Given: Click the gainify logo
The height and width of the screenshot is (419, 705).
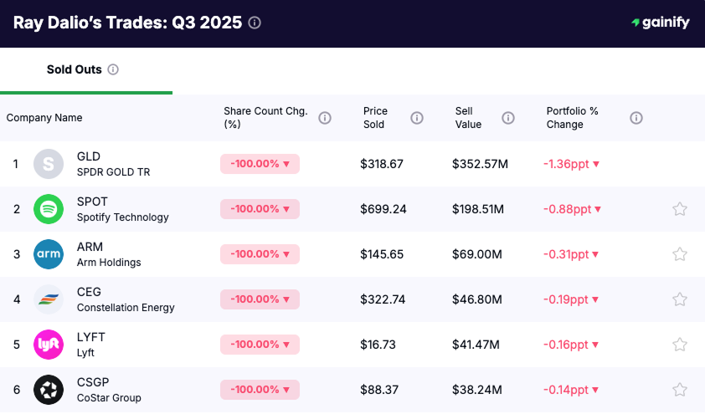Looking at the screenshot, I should (661, 23).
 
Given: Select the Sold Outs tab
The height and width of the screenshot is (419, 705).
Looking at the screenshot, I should (75, 69).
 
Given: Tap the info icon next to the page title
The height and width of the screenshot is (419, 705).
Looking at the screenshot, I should (255, 23).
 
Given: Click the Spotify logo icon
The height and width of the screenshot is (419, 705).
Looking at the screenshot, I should (49, 209).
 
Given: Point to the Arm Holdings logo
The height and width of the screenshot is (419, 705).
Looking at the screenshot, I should (49, 254).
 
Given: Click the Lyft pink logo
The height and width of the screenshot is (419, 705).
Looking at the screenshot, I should (49, 345).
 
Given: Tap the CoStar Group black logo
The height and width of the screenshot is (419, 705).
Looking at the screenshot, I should (49, 390).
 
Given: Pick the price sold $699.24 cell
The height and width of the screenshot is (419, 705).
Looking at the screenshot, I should (383, 209).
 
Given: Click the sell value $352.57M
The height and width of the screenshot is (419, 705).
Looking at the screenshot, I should (480, 164).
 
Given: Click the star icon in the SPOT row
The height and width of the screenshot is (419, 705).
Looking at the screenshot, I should (680, 209).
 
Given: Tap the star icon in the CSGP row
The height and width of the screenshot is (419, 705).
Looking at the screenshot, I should (680, 390).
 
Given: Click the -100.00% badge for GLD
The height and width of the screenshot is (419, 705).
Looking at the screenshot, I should (260, 164).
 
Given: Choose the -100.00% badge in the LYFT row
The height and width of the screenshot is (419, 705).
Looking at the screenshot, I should (260, 345).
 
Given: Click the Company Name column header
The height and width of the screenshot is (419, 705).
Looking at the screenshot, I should (44, 118).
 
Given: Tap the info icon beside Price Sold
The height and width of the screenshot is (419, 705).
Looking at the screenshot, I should (417, 118).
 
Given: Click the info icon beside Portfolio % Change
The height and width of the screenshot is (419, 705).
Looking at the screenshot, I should (636, 118).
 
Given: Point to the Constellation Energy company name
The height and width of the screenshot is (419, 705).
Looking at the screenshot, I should (126, 308).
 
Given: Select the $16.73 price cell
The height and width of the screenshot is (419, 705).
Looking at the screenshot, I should (378, 345).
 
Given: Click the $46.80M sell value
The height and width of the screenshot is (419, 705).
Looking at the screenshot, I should (476, 299).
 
